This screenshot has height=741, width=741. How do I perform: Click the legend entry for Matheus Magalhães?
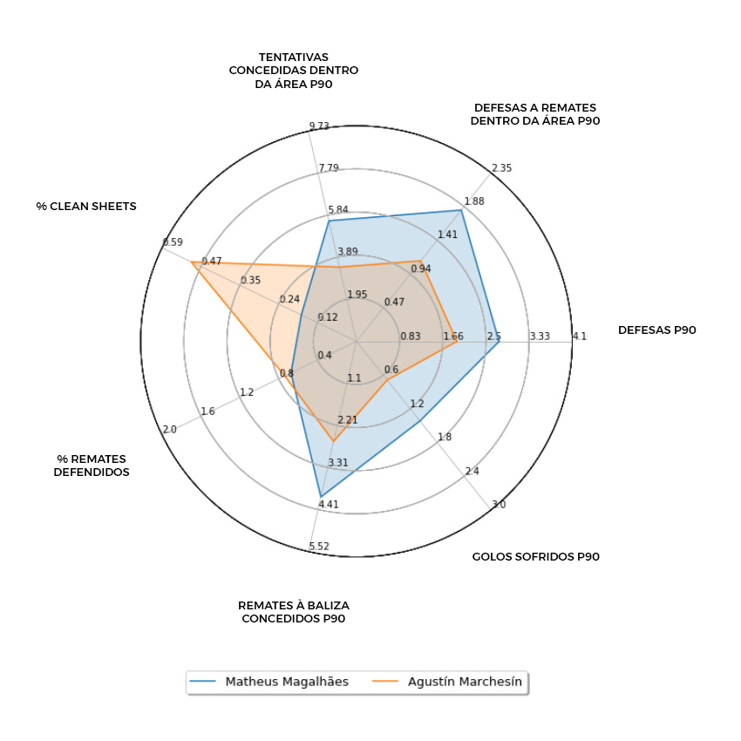point(286,682)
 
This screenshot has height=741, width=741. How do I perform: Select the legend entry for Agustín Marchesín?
point(465,682)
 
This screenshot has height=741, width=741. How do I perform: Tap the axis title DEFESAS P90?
point(656,330)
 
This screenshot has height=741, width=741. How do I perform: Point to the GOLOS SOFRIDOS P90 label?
point(535,556)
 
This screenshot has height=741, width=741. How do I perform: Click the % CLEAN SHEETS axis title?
point(86,207)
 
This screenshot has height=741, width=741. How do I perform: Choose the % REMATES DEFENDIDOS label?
point(92,466)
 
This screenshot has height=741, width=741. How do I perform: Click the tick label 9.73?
point(319,126)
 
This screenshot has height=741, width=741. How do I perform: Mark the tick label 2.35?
point(501,168)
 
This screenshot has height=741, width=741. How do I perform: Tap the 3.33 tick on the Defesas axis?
point(540,337)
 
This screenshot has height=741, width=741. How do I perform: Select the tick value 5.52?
point(319,547)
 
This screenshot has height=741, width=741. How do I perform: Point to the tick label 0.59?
point(173,242)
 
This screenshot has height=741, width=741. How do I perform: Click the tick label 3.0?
point(498,505)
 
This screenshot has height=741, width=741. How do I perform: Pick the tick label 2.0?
point(169,429)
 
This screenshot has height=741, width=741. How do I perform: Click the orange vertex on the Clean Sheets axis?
point(193,262)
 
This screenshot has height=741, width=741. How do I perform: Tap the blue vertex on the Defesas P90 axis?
point(499,342)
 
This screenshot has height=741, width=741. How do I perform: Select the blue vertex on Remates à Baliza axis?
point(321,496)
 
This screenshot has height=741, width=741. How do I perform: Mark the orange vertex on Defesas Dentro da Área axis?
point(420,261)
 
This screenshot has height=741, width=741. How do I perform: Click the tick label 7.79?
point(328,168)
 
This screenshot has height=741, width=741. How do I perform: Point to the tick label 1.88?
point(474,201)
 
